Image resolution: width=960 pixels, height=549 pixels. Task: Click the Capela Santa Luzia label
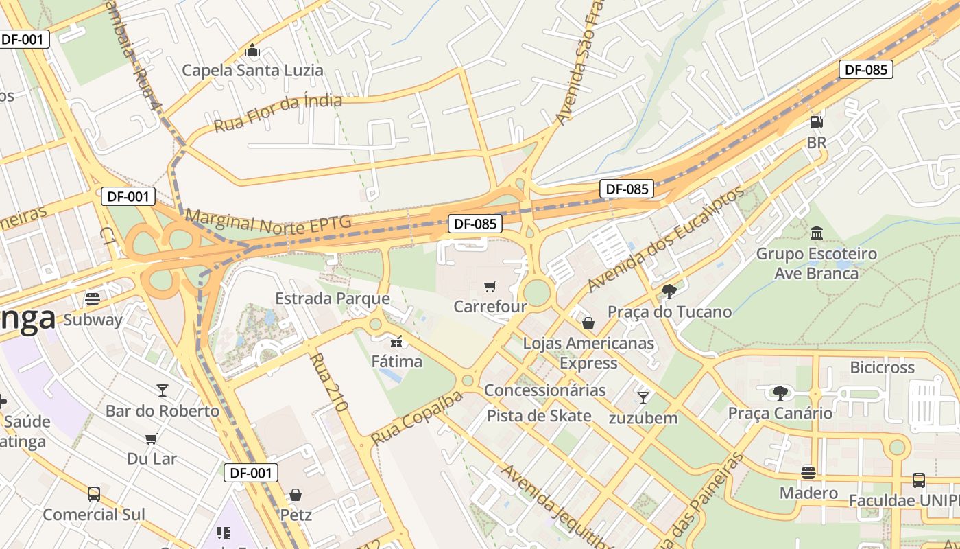(252, 70)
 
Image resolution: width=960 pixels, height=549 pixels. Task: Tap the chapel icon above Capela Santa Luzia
(252, 50)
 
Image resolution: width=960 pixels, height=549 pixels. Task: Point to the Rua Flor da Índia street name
(278, 113)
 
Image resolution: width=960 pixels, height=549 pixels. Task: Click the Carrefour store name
(490, 306)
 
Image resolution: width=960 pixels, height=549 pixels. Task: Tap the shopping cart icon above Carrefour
(490, 286)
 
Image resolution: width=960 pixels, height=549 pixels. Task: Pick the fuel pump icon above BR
(816, 122)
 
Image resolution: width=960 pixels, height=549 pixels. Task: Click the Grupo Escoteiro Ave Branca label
(816, 264)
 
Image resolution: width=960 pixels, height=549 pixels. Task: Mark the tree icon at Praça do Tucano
(669, 292)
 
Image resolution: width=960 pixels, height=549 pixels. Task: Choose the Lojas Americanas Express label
(588, 352)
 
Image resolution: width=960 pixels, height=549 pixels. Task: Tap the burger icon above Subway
(93, 299)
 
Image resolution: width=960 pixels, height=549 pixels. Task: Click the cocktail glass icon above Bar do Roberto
(162, 390)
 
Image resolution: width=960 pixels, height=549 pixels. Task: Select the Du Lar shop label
(152, 458)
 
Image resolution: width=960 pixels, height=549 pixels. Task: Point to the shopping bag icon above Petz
(296, 494)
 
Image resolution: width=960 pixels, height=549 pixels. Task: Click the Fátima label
(397, 360)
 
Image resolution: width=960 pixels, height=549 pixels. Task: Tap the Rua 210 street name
(328, 382)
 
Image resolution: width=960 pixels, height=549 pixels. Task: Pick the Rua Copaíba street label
(417, 418)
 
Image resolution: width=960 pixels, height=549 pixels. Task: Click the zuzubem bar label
(643, 417)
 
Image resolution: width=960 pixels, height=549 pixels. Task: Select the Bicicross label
(882, 367)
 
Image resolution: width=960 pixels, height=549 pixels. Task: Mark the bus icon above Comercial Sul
(94, 493)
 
